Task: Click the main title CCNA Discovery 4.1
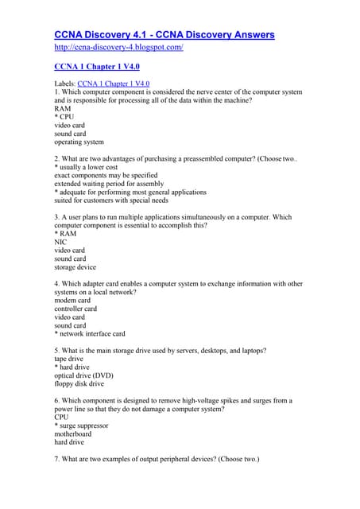(x=164, y=35)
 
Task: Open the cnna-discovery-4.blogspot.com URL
(x=118, y=48)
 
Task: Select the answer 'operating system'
(x=79, y=142)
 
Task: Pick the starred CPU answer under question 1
(x=67, y=117)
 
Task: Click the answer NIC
(x=60, y=242)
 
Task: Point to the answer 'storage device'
(x=75, y=267)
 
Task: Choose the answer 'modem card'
(x=72, y=301)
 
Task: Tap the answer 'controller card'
(x=75, y=309)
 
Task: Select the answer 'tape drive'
(x=69, y=359)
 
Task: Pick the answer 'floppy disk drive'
(x=79, y=383)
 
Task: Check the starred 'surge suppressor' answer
(x=84, y=425)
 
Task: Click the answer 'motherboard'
(x=72, y=434)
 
